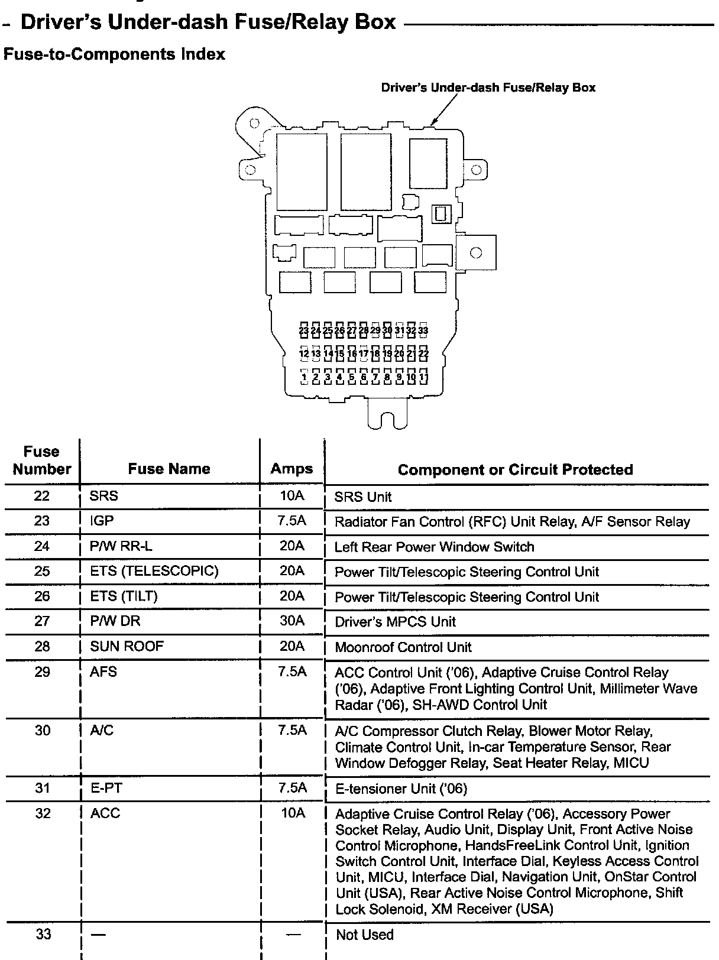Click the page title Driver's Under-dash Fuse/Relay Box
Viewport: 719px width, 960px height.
208,22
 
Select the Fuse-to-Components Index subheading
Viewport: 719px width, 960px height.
114,54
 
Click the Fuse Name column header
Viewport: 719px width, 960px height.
169,469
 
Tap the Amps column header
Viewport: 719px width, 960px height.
292,469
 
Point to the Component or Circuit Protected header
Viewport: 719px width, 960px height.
515,469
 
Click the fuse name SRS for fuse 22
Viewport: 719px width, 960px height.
104,496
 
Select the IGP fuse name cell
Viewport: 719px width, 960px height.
102,521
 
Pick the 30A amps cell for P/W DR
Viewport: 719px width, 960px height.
292,621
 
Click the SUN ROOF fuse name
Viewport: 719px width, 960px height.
127,646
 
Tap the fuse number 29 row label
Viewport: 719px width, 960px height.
42,672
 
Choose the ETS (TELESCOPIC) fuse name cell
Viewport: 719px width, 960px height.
154,571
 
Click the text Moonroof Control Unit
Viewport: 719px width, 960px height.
403,647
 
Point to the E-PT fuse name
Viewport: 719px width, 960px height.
106,788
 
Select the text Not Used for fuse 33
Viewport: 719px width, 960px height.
364,935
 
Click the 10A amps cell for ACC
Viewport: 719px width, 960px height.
293,813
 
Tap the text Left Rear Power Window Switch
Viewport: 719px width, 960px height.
434,547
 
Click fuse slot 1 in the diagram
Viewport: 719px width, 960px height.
304,377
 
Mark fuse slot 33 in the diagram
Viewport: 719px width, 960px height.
423,330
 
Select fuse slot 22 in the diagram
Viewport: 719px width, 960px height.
423,353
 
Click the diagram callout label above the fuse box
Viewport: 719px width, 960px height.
488,88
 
